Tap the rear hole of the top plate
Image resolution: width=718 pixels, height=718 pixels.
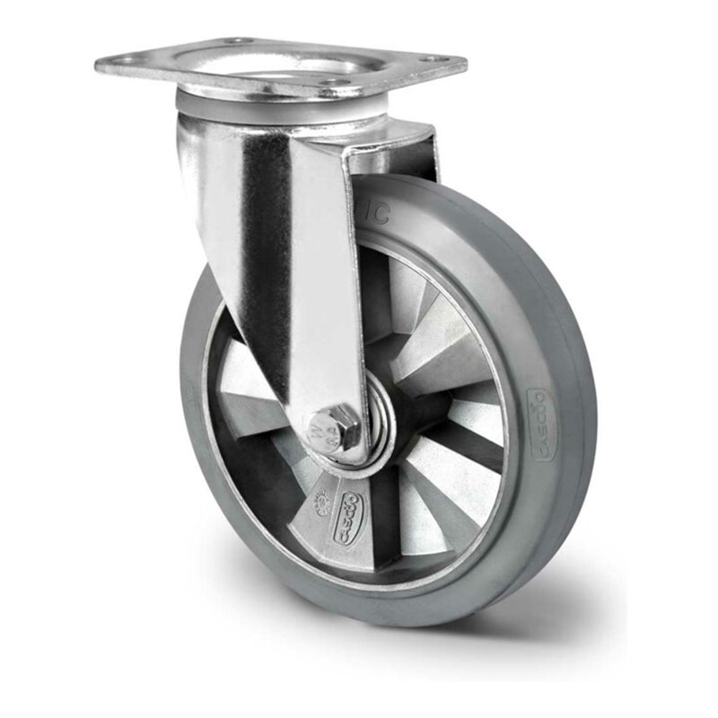tap(240, 40)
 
